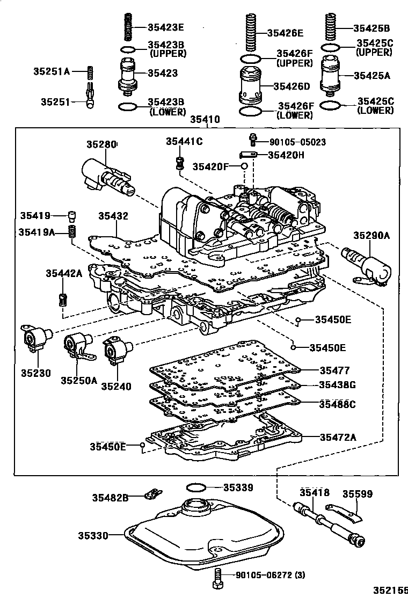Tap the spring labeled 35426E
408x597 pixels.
[250, 31]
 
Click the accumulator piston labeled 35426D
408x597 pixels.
[251, 85]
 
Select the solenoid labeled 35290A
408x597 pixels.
[368, 262]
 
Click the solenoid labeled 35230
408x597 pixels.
[35, 338]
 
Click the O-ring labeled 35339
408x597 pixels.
[196, 487]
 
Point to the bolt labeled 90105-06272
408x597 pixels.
[218, 576]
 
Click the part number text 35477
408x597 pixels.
[334, 370]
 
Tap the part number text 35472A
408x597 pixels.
[338, 437]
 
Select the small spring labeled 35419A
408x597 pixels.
[71, 232]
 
